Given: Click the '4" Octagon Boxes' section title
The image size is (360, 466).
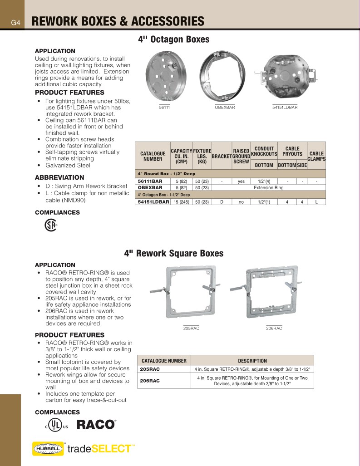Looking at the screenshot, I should [x=173, y=39].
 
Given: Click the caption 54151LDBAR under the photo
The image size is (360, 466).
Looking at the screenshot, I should [x=285, y=107].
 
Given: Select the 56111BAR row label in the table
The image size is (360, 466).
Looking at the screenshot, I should [x=150, y=181].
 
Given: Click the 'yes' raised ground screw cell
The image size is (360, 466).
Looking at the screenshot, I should [x=241, y=181].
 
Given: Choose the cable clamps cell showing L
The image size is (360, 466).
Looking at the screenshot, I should [x=316, y=202].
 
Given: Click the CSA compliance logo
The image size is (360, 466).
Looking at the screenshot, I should [x=50, y=226].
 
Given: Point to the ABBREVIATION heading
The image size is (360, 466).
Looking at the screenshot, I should [x=59, y=177].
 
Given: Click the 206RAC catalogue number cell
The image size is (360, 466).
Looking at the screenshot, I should [x=149, y=381].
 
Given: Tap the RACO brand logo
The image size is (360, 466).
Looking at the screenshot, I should [x=96, y=425].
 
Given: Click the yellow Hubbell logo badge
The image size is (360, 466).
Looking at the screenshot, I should [x=48, y=449].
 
